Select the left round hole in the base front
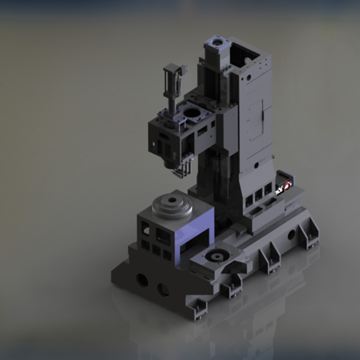point(142,280)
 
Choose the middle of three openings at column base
point(258,195)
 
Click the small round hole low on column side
point(256,165)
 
